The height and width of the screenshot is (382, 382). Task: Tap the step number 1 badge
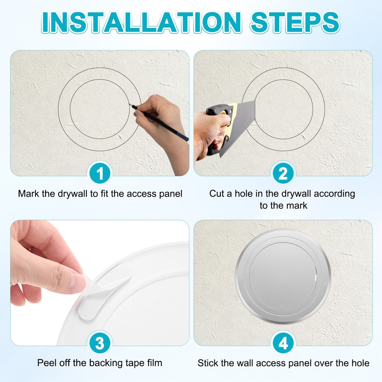[x=100, y=174]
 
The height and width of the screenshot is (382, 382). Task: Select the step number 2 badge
[x=283, y=174]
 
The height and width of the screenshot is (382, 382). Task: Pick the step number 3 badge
[x=100, y=344]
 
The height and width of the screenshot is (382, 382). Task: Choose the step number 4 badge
[x=283, y=344]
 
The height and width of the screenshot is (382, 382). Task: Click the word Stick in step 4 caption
[x=208, y=363]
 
